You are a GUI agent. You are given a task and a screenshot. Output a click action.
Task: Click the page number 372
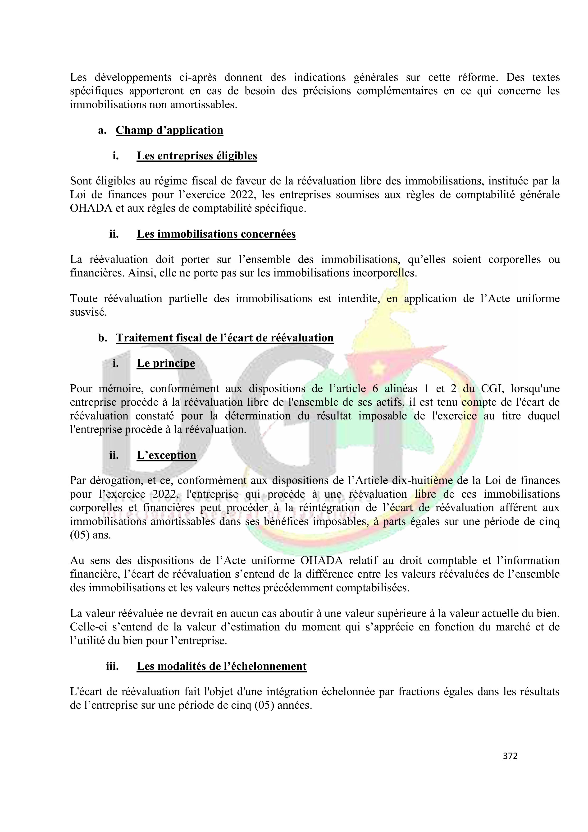pyautogui.click(x=510, y=756)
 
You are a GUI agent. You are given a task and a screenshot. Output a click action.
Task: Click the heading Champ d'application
pyautogui.click(x=169, y=130)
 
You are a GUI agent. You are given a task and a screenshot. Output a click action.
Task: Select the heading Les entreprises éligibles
pyautogui.click(x=197, y=156)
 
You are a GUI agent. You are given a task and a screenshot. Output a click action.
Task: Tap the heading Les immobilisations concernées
pyautogui.click(x=216, y=234)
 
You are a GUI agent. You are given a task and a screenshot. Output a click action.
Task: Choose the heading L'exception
pyautogui.click(x=166, y=455)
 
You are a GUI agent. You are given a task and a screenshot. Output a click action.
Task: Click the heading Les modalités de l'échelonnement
pyautogui.click(x=221, y=666)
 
